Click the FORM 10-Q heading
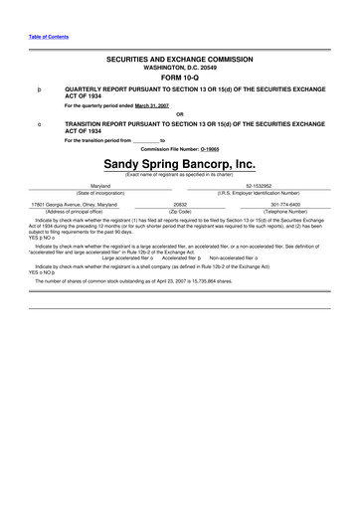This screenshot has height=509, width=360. [x=180, y=78]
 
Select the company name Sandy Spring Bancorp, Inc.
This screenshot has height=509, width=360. [x=180, y=162]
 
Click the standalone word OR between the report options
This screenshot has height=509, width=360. [x=180, y=113]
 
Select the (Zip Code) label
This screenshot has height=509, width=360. [x=180, y=211]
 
